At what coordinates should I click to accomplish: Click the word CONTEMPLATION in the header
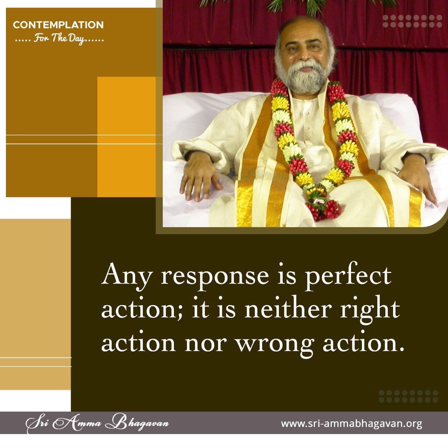58,25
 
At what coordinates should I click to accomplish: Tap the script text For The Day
59,38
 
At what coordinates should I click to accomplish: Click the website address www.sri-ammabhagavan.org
351,423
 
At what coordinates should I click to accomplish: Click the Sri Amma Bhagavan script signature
97,423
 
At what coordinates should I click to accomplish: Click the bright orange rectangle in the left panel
126,137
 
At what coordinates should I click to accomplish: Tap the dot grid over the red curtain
412,21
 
